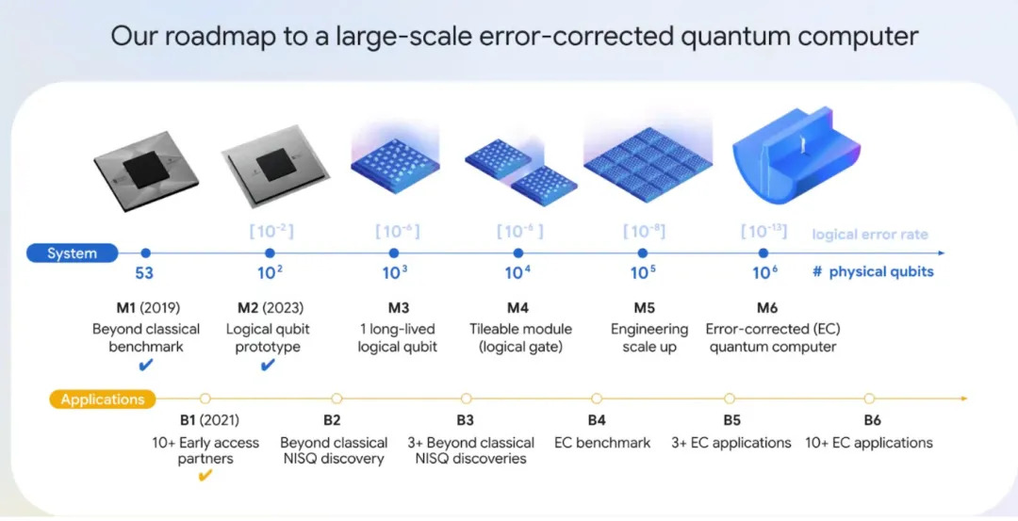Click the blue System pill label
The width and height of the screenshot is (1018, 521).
pos(72,253)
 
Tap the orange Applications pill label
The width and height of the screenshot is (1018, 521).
pos(103,399)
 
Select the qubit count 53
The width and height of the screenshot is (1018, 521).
pos(144,273)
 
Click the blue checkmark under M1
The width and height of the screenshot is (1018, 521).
pos(146,366)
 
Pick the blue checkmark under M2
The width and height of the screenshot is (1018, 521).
pos(268,366)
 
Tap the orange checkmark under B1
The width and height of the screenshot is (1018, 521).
pos(205,476)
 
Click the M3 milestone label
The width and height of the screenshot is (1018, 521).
pos(398,307)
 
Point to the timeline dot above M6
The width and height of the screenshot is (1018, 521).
pos(763,253)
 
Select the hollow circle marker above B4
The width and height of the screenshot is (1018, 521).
pos(597,399)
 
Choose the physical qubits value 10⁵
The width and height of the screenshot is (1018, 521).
pos(643,272)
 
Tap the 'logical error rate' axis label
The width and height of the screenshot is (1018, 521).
pos(870,235)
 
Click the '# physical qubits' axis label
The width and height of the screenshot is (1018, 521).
pos(873,271)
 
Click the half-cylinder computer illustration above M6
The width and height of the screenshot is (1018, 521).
pos(796,155)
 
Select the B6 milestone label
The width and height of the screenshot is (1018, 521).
pos(872,420)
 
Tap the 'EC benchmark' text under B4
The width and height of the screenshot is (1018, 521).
pos(601,443)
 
